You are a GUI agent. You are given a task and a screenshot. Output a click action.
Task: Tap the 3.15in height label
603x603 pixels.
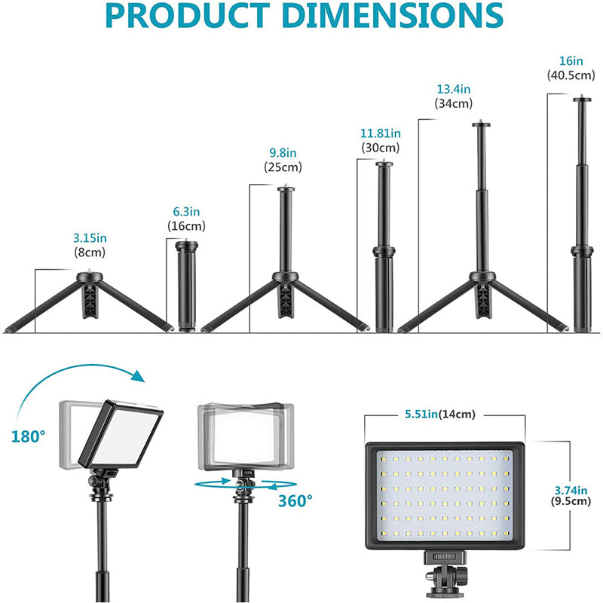click(x=89, y=239)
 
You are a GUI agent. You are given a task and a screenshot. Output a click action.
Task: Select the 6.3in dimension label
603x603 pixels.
click(x=186, y=213)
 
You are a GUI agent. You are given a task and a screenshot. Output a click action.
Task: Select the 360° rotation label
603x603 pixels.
click(x=295, y=500)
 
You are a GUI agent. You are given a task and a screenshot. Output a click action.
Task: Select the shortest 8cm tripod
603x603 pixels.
click(x=90, y=302)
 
